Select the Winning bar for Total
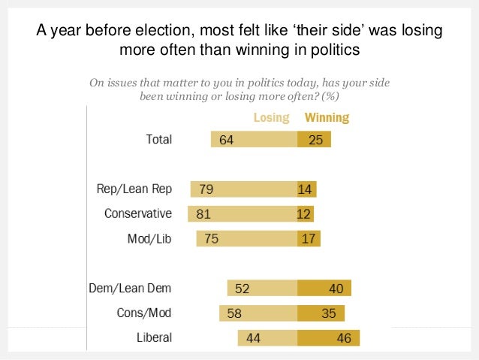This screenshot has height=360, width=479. coord(314,139)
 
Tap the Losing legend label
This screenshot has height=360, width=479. coord(271,118)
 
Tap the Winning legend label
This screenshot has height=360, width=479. coord(326,118)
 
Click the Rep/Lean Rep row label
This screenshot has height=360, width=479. coord(134,189)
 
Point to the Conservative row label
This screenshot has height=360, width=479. coord(138,213)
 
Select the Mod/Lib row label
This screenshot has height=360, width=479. coord(149,238)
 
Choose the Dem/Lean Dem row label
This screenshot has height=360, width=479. coord(130,288)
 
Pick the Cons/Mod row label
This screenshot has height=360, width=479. coord(142,313)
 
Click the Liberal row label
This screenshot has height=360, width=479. coord(155,337)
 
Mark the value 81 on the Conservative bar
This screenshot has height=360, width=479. coord(203,214)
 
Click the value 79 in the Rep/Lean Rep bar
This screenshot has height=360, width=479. coord(206,189)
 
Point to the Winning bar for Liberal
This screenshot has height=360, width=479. coord(329,337)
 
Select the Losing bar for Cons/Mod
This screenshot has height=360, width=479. coord(258,313)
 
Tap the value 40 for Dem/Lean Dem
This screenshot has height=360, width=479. coord(337,289)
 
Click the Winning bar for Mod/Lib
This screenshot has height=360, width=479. coord(309,238)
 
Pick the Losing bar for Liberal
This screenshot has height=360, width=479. coord(268,337)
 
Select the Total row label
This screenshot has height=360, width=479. coord(158,139)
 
